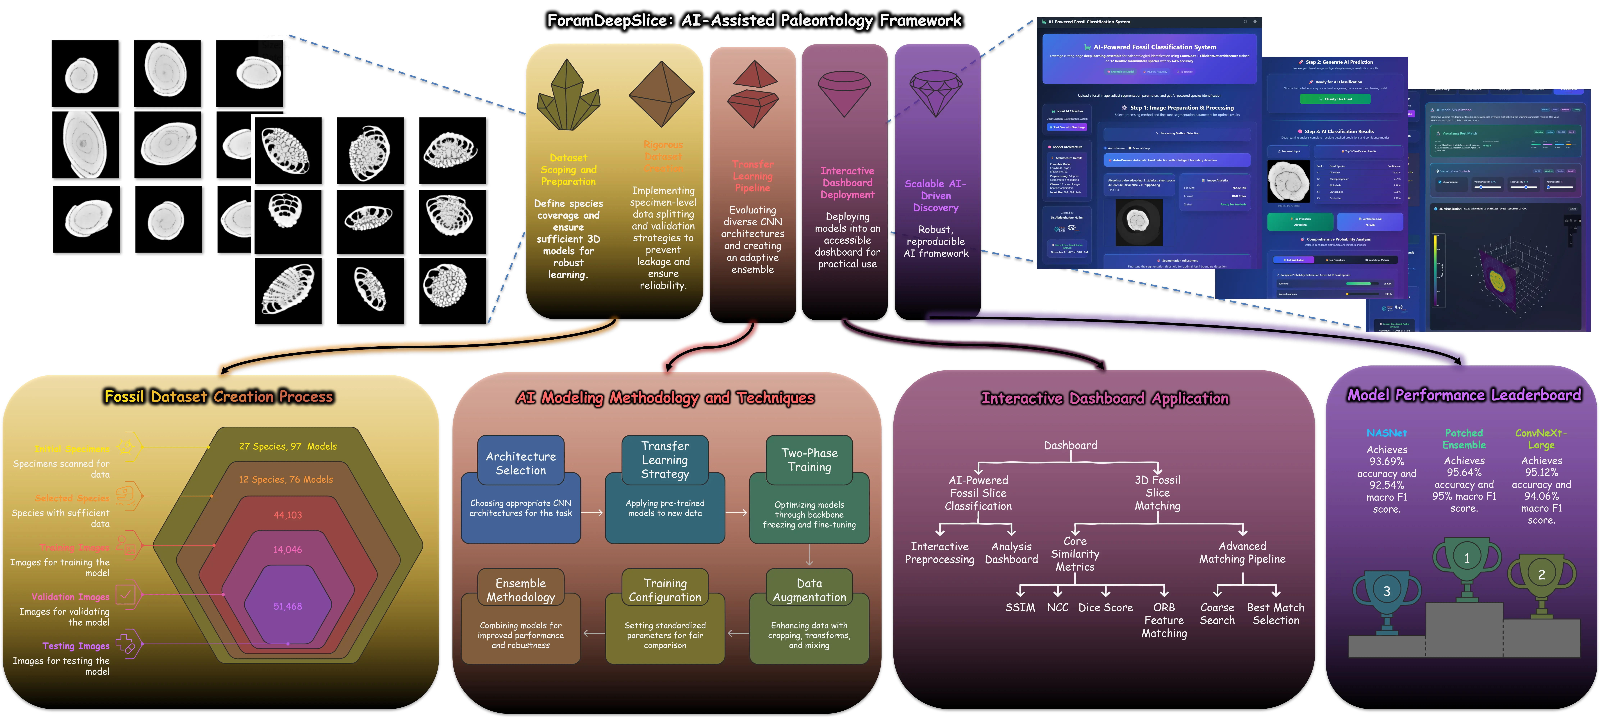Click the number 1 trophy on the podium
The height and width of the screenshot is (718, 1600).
1466,562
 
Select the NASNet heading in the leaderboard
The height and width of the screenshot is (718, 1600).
1386,433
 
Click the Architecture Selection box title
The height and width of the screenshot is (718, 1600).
520,463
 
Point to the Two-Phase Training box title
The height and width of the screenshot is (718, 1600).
809,460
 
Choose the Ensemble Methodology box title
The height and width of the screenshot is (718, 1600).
520,590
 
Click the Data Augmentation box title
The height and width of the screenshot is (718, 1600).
809,590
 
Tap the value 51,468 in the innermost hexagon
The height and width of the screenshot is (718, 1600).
288,606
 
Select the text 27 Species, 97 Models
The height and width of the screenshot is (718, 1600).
288,447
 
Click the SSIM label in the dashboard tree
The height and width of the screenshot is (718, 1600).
1020,607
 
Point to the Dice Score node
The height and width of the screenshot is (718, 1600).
1106,607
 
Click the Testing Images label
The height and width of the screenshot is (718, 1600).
76,646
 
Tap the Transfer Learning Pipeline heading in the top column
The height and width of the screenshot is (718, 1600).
752,176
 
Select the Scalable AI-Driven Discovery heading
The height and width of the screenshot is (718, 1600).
935,196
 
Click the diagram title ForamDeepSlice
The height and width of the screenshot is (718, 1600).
754,21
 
